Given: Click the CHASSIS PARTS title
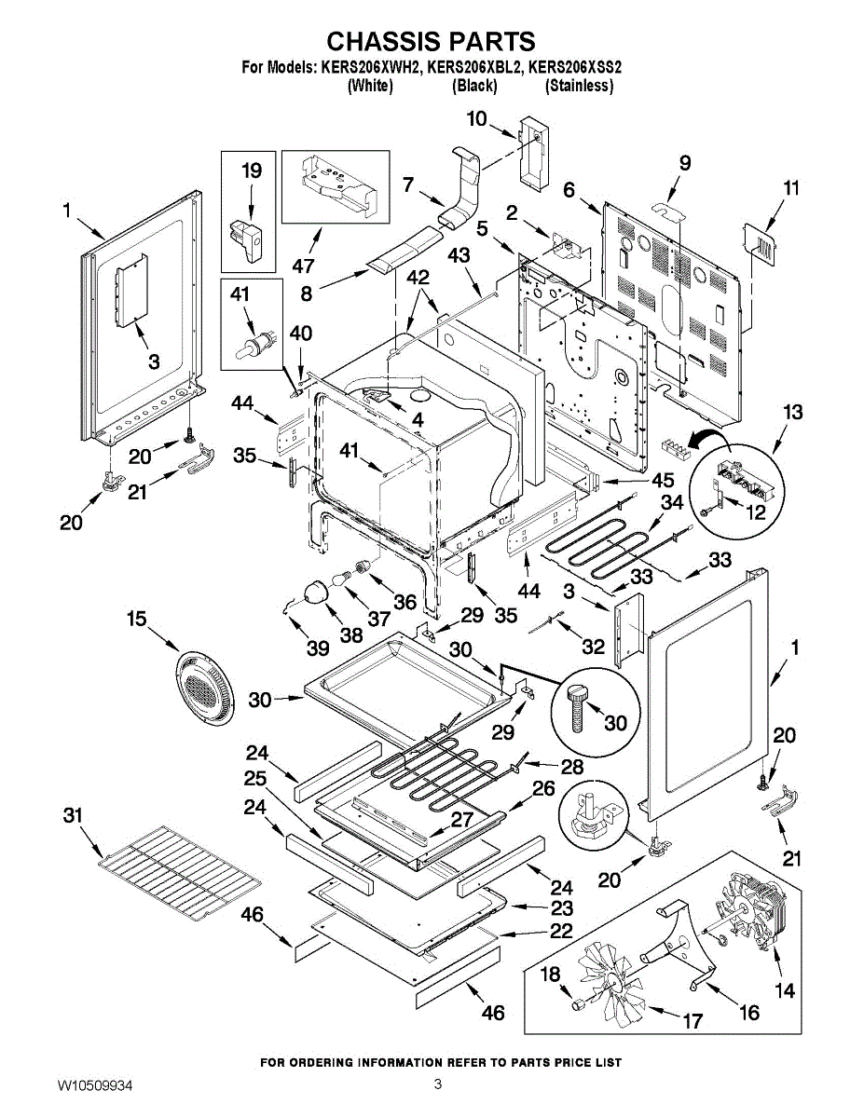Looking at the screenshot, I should pos(431,41).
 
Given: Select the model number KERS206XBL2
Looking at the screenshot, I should pos(474,68).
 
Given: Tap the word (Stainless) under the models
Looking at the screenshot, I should pos(579,86).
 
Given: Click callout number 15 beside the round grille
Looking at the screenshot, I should pos(138,618).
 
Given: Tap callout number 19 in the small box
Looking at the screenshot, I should pos(252,171).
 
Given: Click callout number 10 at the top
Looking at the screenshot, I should pos(476,118).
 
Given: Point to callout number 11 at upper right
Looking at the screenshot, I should pos(790,188).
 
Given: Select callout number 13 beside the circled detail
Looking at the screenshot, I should pos(792,412).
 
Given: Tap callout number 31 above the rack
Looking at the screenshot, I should pos(73,815).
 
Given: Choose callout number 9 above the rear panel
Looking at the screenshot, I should pos(685,162).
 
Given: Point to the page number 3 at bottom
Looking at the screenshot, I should pos(437,1084).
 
